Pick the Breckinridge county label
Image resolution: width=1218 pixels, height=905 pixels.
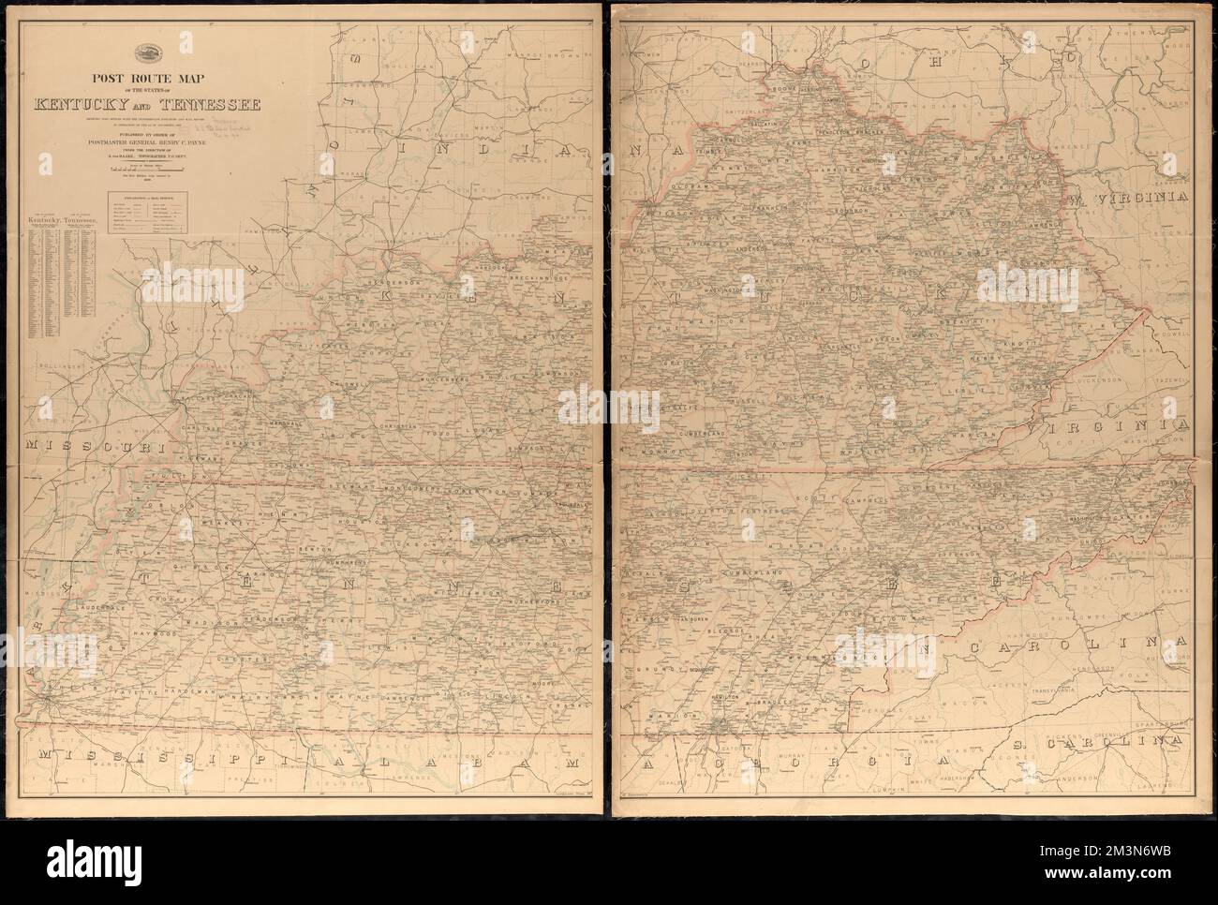(530, 278)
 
